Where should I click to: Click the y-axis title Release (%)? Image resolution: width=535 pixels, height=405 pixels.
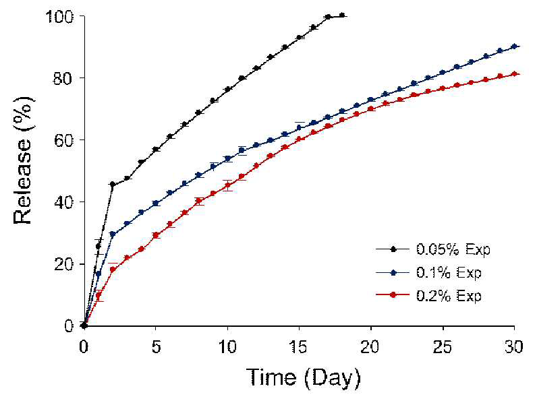24,160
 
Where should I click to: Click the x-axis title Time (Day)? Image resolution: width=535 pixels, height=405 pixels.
304,378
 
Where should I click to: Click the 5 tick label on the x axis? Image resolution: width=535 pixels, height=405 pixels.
156,348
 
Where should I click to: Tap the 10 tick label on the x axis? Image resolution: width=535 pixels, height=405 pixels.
227,348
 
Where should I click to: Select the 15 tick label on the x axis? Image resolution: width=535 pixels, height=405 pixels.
300,348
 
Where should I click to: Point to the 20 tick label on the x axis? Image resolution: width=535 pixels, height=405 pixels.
371,348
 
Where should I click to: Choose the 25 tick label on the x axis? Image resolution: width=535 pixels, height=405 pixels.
443,348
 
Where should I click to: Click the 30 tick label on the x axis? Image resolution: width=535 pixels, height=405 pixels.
514,348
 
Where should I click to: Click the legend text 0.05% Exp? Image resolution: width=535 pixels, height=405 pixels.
453,249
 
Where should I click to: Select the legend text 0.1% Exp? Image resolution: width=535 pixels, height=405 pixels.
449,272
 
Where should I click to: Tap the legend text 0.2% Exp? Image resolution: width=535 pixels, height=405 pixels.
449,295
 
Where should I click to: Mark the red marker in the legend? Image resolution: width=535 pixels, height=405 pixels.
393,295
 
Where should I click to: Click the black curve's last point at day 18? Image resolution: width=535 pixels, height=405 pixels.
342,15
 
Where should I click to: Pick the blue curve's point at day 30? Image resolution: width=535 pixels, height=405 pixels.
514,46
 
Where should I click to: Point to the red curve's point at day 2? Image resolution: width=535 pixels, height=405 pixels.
113,270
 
